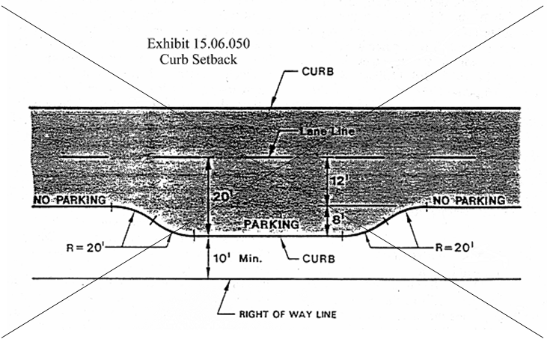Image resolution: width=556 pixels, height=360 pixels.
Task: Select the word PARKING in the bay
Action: tap(271, 225)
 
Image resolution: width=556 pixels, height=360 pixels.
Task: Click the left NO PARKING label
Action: tap(69, 201)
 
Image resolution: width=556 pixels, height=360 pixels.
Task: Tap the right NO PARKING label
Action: tap(469, 201)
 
